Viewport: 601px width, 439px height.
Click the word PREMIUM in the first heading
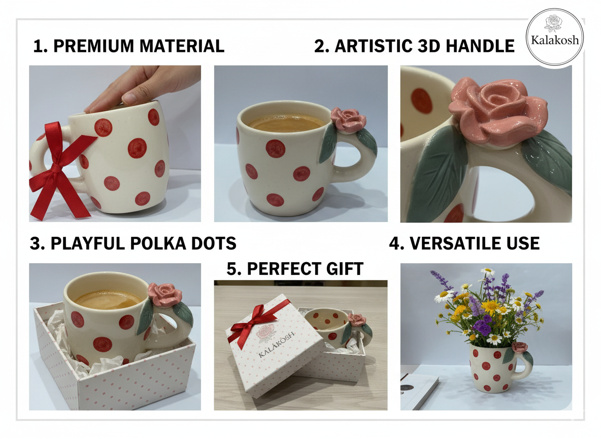coord(94,46)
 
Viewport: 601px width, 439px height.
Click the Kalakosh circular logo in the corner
coord(554,37)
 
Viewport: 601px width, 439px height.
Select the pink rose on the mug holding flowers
coord(519,347)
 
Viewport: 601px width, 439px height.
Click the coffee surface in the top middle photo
coord(287,122)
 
